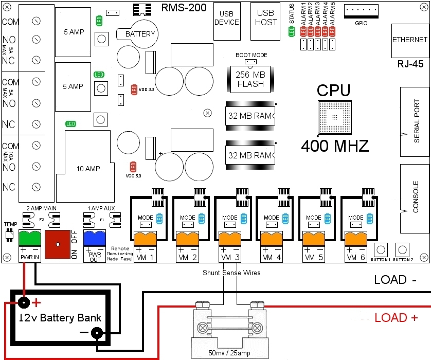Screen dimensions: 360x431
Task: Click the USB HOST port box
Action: pos(266,21)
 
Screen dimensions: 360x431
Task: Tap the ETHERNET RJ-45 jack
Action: pos(410,40)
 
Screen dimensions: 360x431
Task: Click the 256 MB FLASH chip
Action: pos(250,79)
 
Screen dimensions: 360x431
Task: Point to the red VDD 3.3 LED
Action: pos(134,89)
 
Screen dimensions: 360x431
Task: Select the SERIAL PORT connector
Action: pos(415,122)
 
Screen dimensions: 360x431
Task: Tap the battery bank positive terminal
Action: pos(23,302)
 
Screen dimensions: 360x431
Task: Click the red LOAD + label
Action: pos(396,318)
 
